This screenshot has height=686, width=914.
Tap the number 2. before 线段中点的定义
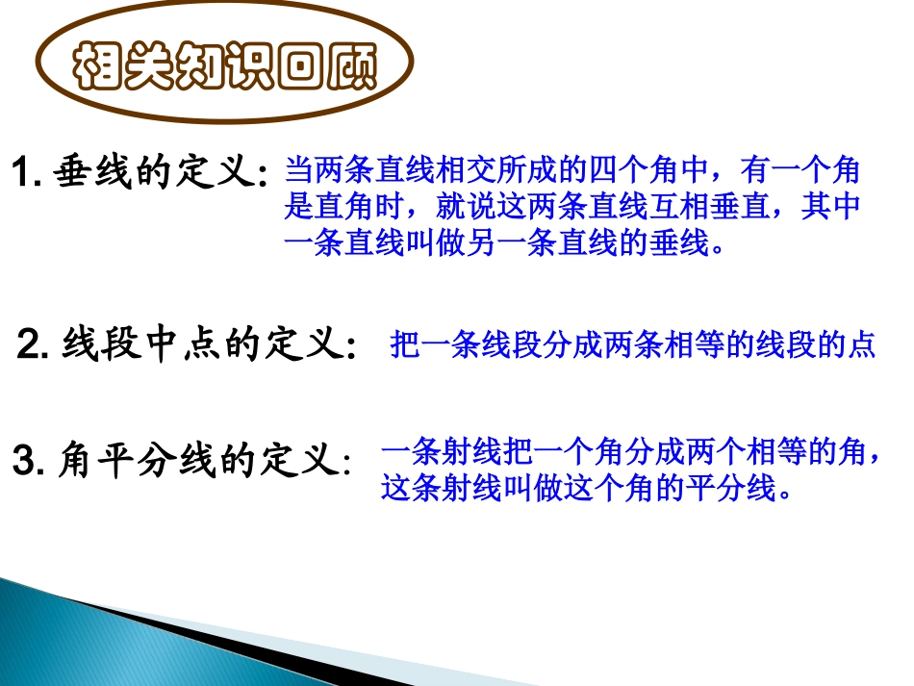point(34,344)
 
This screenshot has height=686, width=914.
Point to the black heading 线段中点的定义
point(203,344)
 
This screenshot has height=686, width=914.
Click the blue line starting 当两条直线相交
point(571,173)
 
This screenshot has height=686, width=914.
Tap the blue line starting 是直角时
point(571,208)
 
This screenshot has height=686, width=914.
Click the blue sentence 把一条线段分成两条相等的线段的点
point(632,344)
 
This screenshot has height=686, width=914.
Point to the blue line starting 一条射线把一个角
point(630,453)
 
